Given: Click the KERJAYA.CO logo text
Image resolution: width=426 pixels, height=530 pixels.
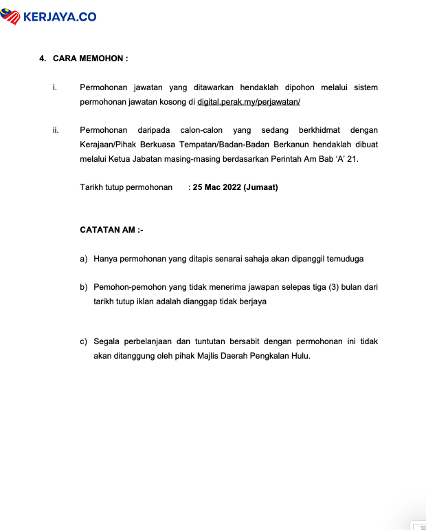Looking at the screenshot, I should coord(60,17).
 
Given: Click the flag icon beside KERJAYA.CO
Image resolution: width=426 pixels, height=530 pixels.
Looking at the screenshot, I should coord(12,17).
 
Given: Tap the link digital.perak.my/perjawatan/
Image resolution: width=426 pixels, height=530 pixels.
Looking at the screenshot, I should coord(249,102).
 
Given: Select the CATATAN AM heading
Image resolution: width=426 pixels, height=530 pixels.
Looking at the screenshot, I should coord(111,230).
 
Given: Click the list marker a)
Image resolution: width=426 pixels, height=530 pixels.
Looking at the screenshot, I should coord(84,259).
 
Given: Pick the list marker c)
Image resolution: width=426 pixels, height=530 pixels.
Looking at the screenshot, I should coord(84,341).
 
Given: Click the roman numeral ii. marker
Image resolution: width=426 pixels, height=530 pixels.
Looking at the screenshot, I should coord(55,130).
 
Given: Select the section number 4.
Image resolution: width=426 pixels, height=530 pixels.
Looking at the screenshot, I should coord(43,59).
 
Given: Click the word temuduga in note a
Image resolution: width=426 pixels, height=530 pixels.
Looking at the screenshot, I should coord(345,259).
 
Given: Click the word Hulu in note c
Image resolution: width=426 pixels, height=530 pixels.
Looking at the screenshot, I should coord(300,356).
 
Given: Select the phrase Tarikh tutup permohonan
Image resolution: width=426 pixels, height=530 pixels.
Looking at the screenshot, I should coord(126,187).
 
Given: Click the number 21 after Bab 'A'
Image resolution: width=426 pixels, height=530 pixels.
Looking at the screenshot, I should coord(353,159).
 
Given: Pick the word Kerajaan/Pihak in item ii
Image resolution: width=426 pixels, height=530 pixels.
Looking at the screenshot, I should coord(111,145).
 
